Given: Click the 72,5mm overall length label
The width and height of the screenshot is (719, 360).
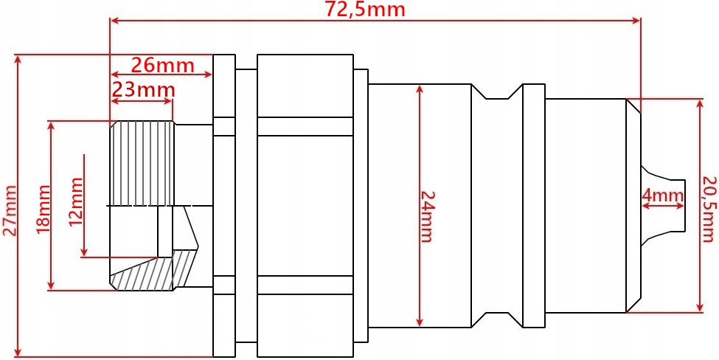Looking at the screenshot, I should coord(365,10).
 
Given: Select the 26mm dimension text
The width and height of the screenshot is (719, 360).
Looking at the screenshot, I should coord(162,65).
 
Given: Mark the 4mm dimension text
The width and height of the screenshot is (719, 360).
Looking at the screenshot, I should coord(663,195).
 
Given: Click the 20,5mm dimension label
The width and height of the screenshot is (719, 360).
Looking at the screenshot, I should coord(709,208).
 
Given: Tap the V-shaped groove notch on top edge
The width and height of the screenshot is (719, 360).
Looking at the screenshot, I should coord(498,92).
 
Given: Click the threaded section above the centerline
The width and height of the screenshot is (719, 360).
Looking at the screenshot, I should coord(142,164).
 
